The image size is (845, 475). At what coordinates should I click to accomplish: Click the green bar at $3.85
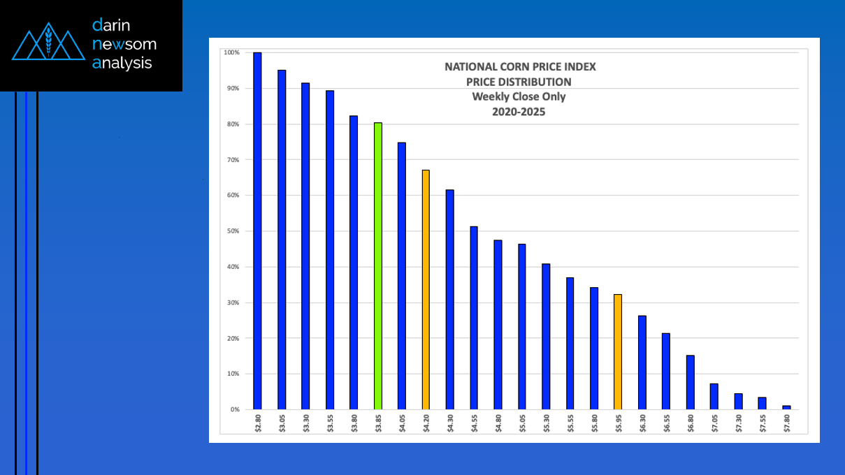click(378, 265)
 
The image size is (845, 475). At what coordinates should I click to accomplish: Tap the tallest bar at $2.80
click(257, 231)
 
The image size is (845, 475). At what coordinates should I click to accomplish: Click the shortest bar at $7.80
click(786, 407)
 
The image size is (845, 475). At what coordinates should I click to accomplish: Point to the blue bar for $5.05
click(521, 326)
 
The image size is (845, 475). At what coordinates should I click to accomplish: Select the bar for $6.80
click(690, 382)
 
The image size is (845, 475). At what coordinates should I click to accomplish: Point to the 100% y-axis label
click(231, 52)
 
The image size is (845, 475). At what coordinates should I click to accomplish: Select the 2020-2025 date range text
click(519, 111)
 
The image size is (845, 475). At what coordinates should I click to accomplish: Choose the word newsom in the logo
click(124, 44)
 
